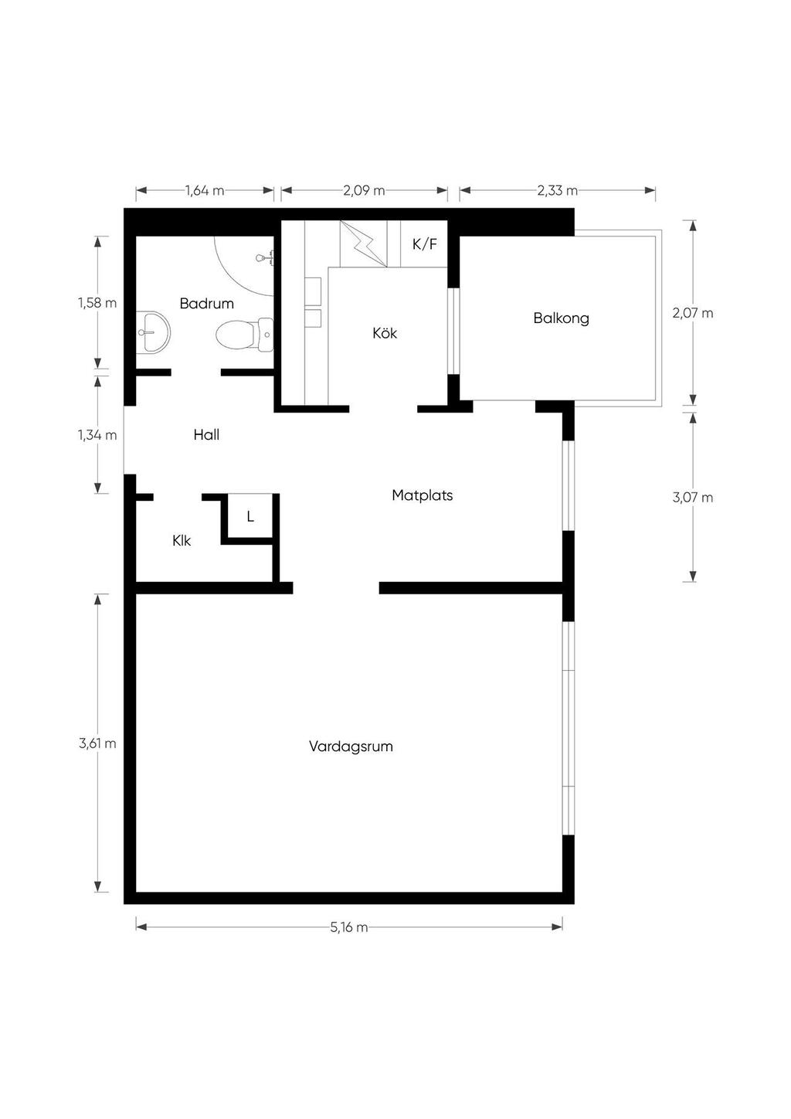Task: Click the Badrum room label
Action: [x=207, y=303]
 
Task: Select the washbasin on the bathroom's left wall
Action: [x=153, y=332]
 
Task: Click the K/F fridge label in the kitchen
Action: [x=424, y=244]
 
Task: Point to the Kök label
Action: [x=385, y=333]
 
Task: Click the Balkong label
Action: [x=562, y=318]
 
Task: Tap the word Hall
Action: [x=206, y=434]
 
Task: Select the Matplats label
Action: [x=422, y=495]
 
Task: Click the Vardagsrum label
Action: [x=351, y=747]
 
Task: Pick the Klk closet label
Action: [x=182, y=540]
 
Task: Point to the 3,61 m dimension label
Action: [x=97, y=743]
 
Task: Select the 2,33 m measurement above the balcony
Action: [x=558, y=190]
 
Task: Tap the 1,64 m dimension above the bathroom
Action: [x=205, y=190]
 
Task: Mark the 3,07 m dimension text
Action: [x=693, y=498]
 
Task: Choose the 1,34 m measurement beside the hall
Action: [x=97, y=435]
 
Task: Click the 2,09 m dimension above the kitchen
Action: [x=364, y=190]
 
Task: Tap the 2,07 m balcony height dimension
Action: [x=693, y=313]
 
